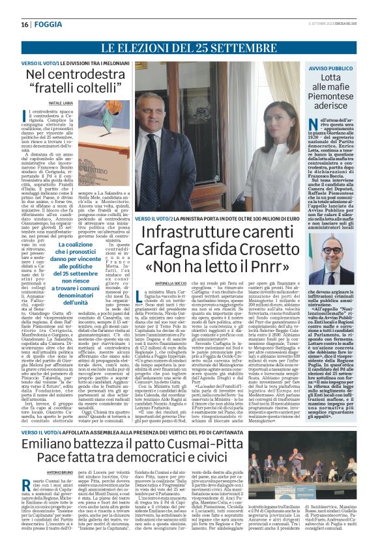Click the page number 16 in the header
[x=24, y=25]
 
